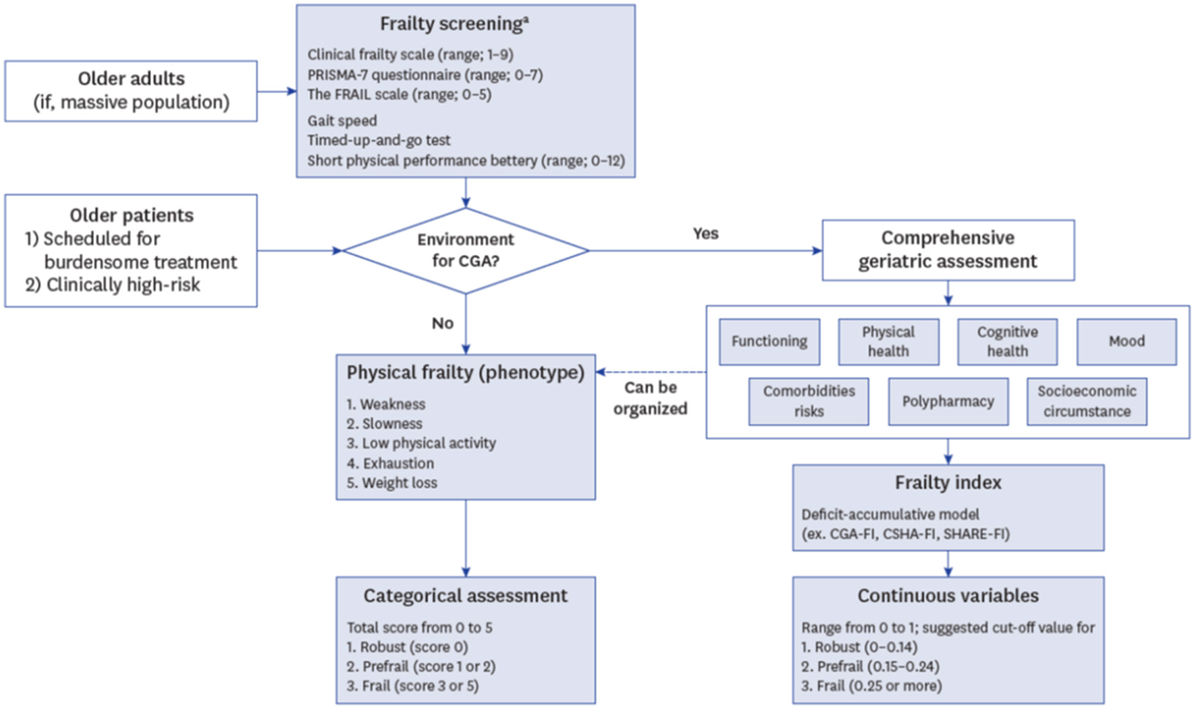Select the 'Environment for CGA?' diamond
click(465, 250)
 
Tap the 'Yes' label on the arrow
click(705, 233)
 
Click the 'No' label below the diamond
click(442, 323)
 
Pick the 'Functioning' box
click(769, 341)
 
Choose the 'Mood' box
click(1126, 341)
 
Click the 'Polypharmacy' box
click(948, 401)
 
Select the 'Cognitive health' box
click(1007, 341)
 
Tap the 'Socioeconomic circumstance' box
click(1086, 401)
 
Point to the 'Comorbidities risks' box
click(808, 401)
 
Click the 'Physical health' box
click(888, 341)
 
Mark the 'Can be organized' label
click(650, 398)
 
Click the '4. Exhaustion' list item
click(390, 463)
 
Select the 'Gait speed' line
click(342, 121)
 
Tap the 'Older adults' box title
click(131, 79)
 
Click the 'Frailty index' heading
click(948, 483)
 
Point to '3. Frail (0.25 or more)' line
click(871, 686)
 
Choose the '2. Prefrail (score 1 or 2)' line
click(420, 667)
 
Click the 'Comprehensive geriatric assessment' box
click(948, 250)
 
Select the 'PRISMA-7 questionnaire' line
click(425, 75)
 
